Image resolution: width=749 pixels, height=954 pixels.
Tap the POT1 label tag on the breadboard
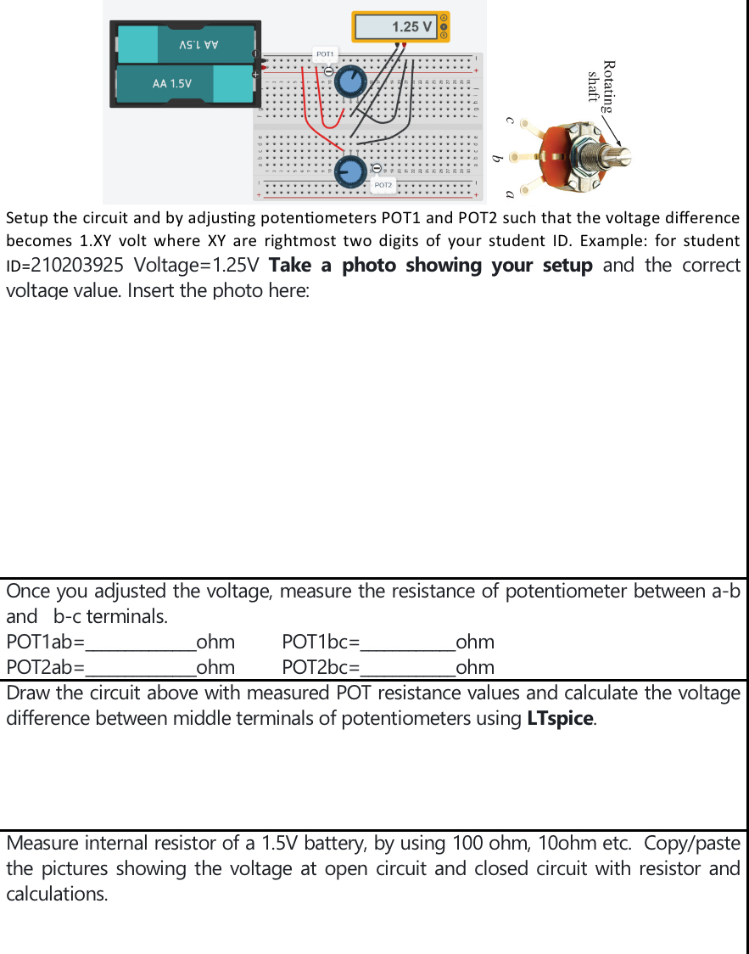pyautogui.click(x=324, y=53)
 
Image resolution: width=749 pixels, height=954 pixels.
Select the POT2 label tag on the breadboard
pyautogui.click(x=383, y=184)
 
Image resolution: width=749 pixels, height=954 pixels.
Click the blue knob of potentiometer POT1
pyautogui.click(x=349, y=82)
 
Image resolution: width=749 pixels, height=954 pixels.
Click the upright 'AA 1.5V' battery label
pyautogui.click(x=171, y=84)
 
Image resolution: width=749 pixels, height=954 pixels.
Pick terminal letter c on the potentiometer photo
pyautogui.click(x=510, y=121)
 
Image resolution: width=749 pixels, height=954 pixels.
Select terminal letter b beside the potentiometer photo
pyautogui.click(x=500, y=157)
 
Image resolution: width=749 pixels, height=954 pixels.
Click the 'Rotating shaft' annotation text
pyautogui.click(x=601, y=87)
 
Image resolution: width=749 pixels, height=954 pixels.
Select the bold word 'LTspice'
pyautogui.click(x=560, y=719)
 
